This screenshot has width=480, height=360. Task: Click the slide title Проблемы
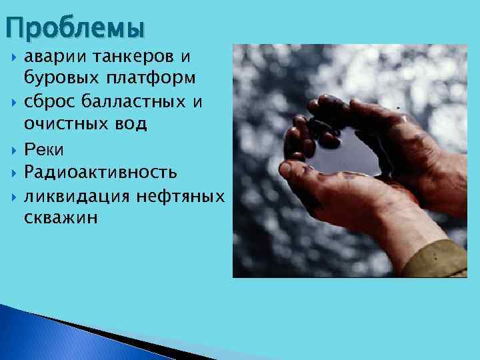pyautogui.click(x=75, y=27)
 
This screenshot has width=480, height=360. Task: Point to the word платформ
pyautogui.click(x=150, y=79)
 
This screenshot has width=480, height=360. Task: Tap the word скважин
pyautogui.click(x=61, y=218)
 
